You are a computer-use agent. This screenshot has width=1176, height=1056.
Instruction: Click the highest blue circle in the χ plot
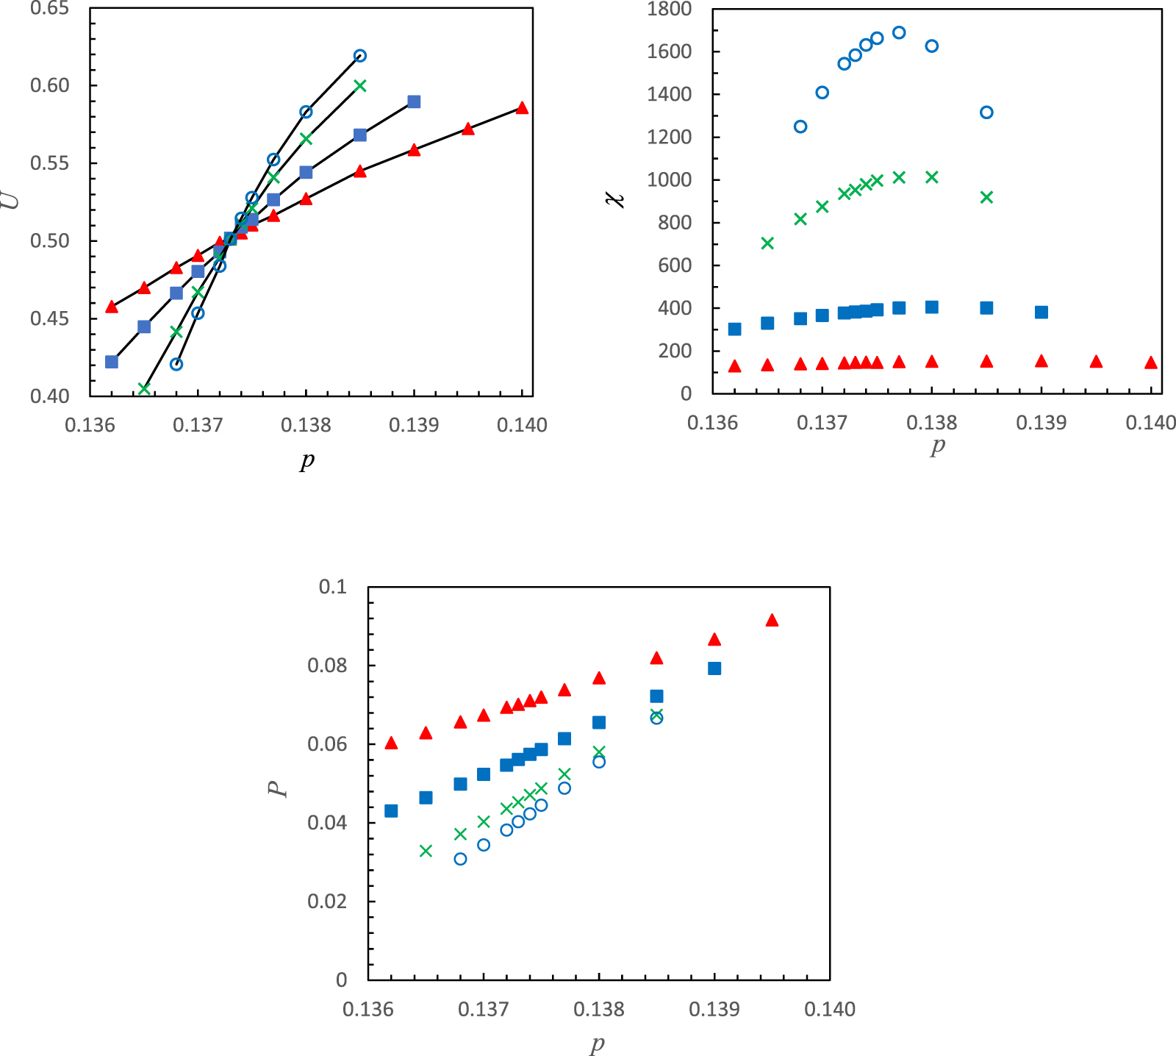tap(898, 32)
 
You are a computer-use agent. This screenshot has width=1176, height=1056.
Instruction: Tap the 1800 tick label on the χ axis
tap(669, 10)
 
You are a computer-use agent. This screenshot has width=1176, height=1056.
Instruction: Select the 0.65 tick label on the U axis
tap(49, 9)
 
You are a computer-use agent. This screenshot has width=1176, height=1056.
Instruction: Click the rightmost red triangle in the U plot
tap(522, 108)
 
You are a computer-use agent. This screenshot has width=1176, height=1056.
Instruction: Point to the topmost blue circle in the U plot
tap(359, 56)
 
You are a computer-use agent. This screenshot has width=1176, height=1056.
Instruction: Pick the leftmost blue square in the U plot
tap(112, 362)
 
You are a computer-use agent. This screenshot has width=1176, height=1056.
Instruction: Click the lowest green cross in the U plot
tap(144, 388)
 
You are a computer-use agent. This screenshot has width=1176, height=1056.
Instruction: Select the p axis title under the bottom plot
tap(598, 1043)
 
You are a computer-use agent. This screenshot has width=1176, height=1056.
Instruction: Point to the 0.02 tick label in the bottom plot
tap(327, 902)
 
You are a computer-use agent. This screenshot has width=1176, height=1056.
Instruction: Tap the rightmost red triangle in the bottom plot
tap(772, 621)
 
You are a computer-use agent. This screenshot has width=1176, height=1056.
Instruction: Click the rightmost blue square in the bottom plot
tap(714, 668)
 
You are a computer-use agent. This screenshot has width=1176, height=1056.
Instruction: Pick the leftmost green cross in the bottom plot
tap(426, 851)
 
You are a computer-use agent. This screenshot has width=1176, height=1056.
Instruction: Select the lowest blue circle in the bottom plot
tap(460, 859)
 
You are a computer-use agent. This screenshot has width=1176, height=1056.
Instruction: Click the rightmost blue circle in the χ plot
tap(986, 113)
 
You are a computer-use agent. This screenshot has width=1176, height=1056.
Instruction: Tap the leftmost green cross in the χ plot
tap(767, 243)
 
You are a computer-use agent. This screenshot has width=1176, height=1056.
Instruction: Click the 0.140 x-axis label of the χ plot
tap(1150, 423)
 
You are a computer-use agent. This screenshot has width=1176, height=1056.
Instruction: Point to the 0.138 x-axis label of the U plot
tap(306, 426)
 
